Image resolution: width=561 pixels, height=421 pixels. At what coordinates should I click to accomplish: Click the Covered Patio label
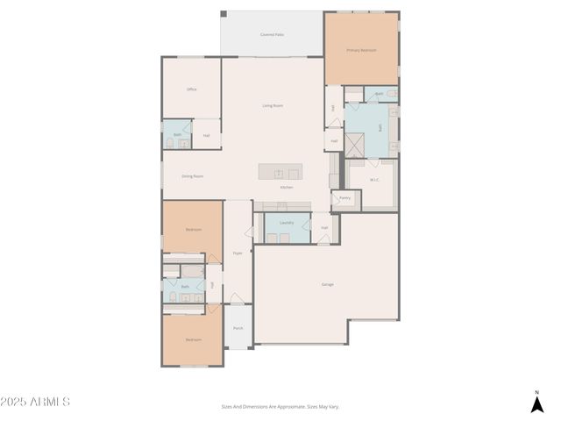tap(272, 35)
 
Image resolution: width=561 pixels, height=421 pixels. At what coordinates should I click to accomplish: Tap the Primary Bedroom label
tap(361, 50)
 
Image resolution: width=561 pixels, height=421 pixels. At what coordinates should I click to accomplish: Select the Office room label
tap(191, 89)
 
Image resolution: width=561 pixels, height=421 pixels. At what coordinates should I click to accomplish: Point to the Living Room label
tap(273, 105)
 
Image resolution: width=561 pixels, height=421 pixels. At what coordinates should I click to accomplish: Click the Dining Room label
tap(192, 176)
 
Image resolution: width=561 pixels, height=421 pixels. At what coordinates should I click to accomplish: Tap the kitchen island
tap(280, 172)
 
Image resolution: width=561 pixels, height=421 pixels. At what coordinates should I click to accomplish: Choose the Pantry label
tap(344, 198)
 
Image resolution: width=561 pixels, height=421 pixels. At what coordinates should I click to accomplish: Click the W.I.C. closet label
tap(374, 180)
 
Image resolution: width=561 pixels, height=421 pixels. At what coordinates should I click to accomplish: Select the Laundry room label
tap(287, 223)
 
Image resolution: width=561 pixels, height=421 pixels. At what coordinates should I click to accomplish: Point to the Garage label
tap(327, 284)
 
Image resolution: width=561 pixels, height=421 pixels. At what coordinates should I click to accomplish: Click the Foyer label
tap(237, 253)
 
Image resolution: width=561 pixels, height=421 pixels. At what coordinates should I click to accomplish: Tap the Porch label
tap(238, 329)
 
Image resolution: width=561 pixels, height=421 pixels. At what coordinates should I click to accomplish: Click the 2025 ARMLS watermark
tap(35, 402)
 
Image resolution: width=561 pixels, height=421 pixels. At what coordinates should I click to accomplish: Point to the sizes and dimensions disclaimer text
tap(280, 406)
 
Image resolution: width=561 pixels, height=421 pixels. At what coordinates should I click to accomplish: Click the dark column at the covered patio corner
tap(223, 14)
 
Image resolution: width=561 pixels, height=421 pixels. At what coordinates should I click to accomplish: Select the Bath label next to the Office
tap(177, 135)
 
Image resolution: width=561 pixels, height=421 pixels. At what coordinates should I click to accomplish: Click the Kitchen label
tap(286, 187)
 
